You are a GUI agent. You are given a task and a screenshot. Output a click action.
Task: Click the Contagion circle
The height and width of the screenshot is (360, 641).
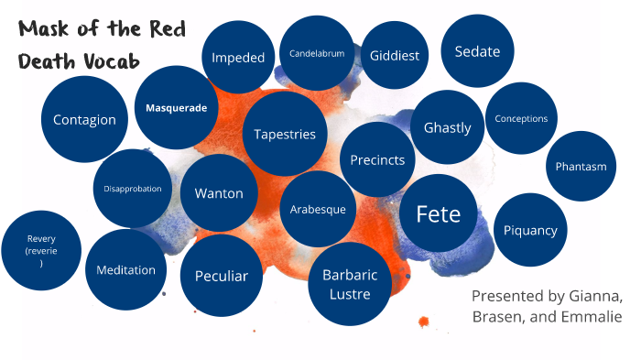pos(84,119)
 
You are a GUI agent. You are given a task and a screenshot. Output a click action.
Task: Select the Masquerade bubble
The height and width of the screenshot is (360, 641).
pos(176,107)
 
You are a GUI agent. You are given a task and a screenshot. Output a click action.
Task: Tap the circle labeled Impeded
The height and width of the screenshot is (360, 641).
pos(238,57)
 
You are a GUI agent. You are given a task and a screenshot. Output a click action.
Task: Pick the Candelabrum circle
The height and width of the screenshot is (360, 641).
pos(317,53)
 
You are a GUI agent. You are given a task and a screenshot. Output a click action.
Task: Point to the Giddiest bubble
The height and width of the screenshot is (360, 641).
pos(395,55)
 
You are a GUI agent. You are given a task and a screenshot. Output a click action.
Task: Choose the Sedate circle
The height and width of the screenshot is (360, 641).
pos(477,51)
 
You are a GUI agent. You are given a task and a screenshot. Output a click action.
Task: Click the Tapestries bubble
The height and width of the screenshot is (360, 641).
pos(285,134)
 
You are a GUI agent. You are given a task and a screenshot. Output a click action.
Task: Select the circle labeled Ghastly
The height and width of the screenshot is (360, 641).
pos(447,127)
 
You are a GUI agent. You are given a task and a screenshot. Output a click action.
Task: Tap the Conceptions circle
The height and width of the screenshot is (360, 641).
pos(521,118)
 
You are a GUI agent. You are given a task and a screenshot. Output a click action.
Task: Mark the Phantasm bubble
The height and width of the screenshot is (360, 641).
pos(581,166)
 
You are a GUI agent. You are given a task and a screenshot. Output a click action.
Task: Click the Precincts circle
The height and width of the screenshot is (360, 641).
pos(377,159)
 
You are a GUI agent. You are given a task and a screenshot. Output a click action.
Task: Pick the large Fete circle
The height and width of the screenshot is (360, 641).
pos(438,213)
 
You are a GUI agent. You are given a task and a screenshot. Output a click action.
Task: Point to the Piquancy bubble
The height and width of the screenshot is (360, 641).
pos(530,230)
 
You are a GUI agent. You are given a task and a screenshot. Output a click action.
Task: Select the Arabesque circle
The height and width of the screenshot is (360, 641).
pos(318,209)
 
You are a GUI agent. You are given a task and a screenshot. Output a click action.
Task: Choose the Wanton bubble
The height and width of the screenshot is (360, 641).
pos(219,193)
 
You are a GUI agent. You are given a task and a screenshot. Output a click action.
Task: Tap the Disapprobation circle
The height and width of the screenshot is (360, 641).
pos(133,189)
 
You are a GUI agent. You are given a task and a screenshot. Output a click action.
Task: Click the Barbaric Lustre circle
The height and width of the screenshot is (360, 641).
pos(346,283)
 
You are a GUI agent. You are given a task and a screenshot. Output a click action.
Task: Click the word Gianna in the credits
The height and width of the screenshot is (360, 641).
pos(597,296)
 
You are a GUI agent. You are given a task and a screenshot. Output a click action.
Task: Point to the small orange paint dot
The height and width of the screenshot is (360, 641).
pos(423,321)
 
